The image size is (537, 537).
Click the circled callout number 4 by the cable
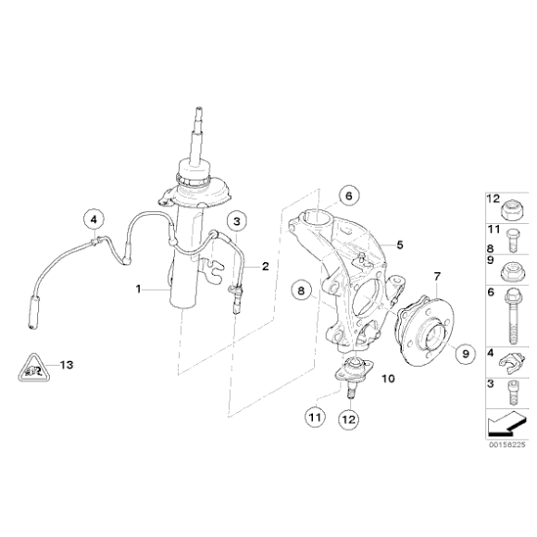(x=94, y=219)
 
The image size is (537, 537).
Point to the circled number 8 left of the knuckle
(x=300, y=291)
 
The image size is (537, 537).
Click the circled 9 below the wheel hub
(x=465, y=352)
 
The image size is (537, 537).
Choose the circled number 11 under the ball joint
(x=315, y=418)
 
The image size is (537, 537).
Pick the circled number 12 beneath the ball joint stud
(x=349, y=418)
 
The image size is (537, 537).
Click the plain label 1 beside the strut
(x=139, y=290)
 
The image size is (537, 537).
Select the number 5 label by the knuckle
(x=400, y=245)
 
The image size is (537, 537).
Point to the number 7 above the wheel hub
(x=438, y=276)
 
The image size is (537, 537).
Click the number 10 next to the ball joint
(x=387, y=379)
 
